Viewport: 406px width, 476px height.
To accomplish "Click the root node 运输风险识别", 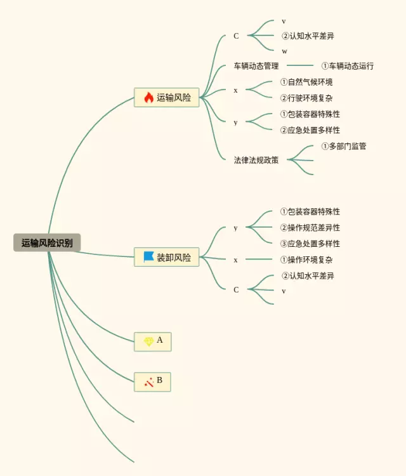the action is pos(47,242).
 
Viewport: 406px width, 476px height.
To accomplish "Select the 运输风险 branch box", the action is pos(167,97).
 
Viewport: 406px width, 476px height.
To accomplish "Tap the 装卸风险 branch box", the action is pos(167,257).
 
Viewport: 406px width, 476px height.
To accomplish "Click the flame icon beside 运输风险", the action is pos(148,97).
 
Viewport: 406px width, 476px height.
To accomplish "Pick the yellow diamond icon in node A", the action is pos(148,341).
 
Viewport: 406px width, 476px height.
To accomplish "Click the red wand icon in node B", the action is pos(148,382).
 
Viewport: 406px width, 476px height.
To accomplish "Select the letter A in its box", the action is pos(160,340).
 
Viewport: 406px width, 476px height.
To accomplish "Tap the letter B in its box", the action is pos(160,381).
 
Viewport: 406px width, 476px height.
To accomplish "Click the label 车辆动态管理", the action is pos(256,66).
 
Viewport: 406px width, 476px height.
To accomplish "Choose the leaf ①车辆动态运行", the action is pos(348,66).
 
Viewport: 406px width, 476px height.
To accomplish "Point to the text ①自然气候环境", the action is pos(306,82).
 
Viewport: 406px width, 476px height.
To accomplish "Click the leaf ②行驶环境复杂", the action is pos(306,98).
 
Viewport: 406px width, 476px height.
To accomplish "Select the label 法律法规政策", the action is pos(256,160).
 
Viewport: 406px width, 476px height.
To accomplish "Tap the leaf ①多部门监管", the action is pos(344,146).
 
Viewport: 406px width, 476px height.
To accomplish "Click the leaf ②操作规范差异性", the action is pos(310,228).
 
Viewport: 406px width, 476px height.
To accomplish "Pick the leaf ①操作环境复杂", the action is pos(306,260).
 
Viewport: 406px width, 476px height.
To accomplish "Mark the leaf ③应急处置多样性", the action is pos(310,244).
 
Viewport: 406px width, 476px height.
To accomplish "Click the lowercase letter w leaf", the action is pos(284,51).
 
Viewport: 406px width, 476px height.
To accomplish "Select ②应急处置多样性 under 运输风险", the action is pos(310,130).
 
